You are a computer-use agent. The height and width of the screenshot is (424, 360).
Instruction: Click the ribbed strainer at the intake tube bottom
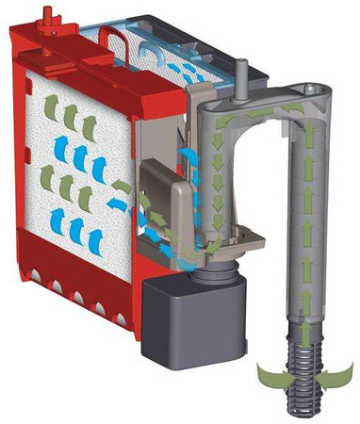click(x=307, y=377)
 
